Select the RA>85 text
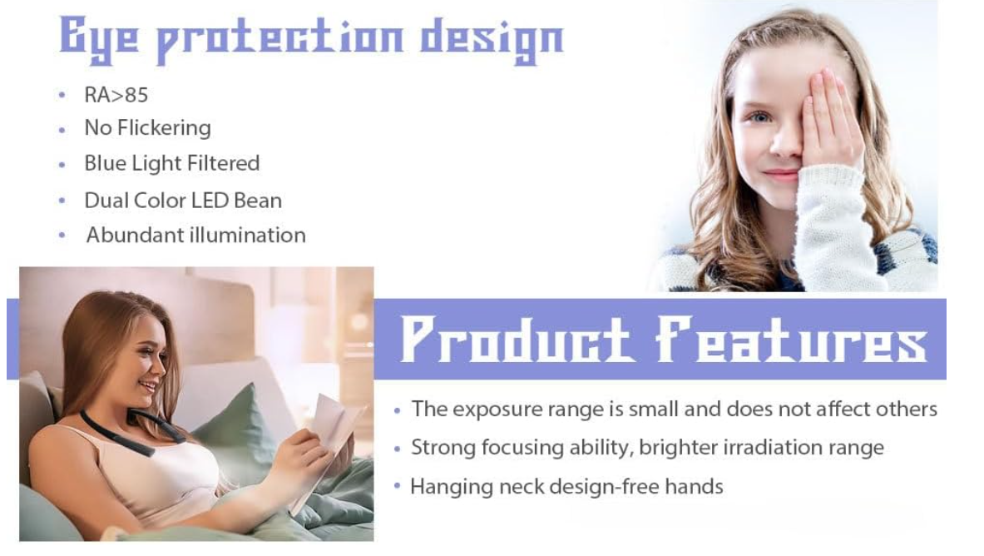point(116,95)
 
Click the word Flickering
point(165,127)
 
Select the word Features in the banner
point(791,339)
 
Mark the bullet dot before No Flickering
point(62,130)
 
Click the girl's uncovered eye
point(759,117)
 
